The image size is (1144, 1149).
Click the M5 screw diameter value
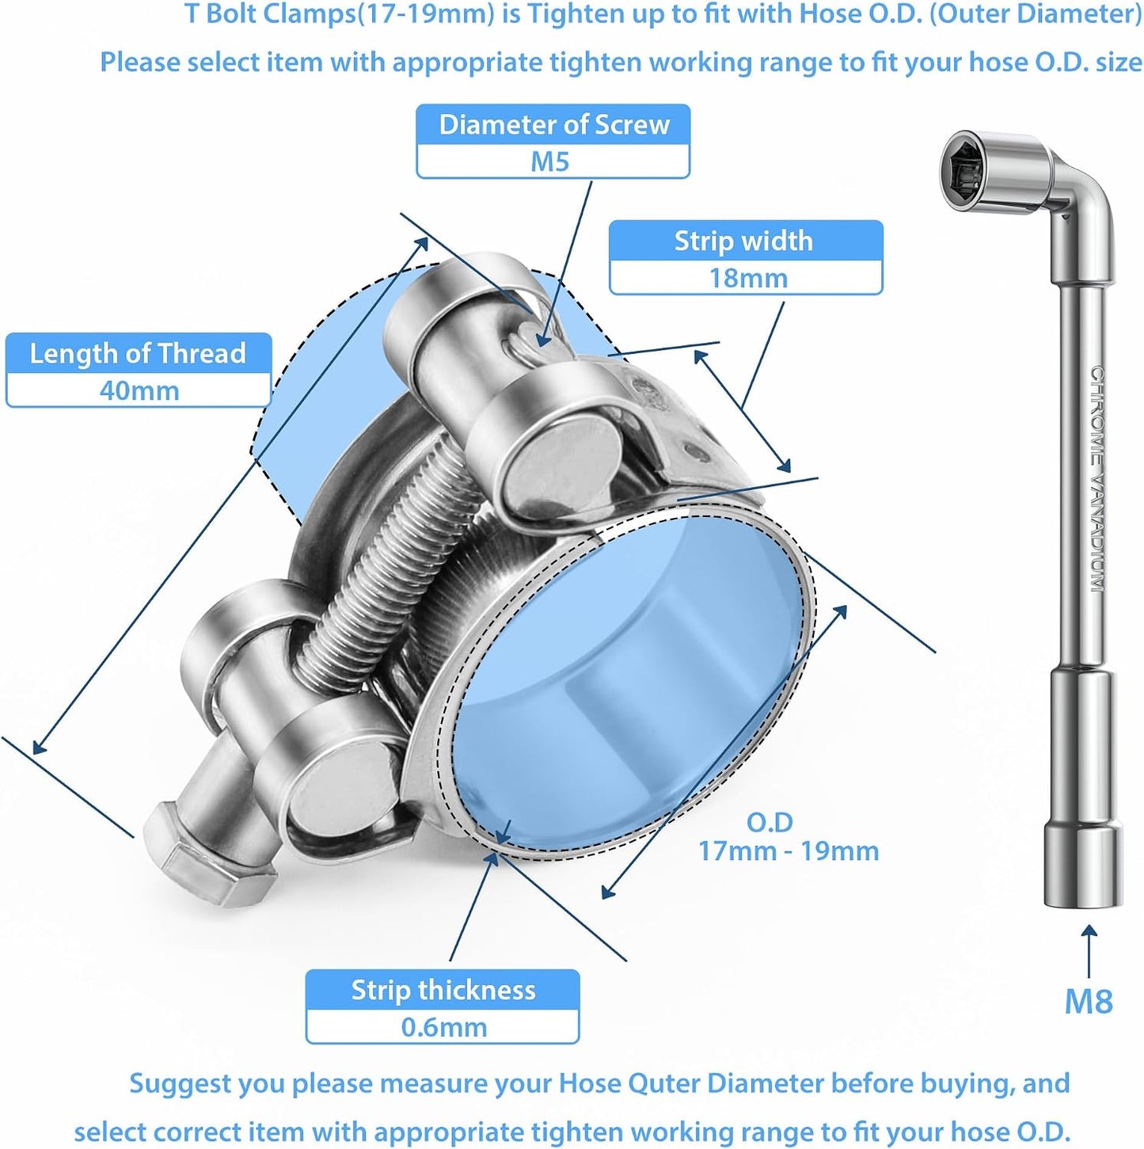pyautogui.click(x=549, y=162)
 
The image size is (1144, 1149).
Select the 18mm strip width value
pyautogui.click(x=747, y=278)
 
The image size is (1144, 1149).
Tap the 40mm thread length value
pyautogui.click(x=139, y=390)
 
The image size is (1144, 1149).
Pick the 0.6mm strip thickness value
pyautogui.click(x=443, y=1027)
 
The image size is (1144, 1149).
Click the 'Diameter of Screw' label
pyautogui.click(x=554, y=124)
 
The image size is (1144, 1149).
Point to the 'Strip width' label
pyautogui.click(x=743, y=241)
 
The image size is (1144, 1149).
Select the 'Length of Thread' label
pyautogui.click(x=138, y=353)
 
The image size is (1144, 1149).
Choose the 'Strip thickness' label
pyautogui.click(x=443, y=990)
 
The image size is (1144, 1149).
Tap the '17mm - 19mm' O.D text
pyautogui.click(x=788, y=851)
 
